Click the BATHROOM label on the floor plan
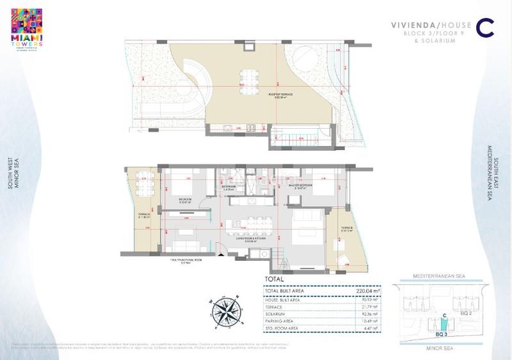[x=229, y=186]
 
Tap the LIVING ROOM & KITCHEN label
[x=246, y=238]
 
